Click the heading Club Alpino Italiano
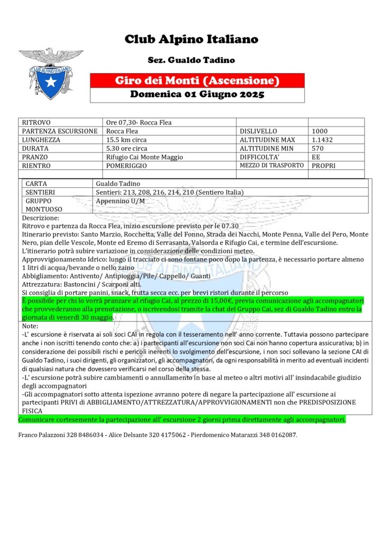click(x=191, y=39)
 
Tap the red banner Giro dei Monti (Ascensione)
click(x=197, y=81)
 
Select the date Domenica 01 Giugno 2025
click(x=197, y=95)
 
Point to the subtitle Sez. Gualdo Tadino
click(x=191, y=60)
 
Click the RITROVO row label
click(x=37, y=122)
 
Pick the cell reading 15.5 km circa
click(x=126, y=140)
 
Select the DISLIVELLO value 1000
click(x=320, y=131)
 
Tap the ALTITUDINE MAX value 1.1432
click(x=323, y=140)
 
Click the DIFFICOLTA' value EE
click(x=316, y=157)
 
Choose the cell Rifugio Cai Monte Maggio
click(x=144, y=157)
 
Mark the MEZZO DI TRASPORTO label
click(x=272, y=165)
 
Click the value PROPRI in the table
click(x=323, y=166)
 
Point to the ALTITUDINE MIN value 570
click(x=317, y=149)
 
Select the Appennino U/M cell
click(x=121, y=201)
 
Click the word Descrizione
click(x=41, y=218)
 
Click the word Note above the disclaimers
click(x=29, y=327)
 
